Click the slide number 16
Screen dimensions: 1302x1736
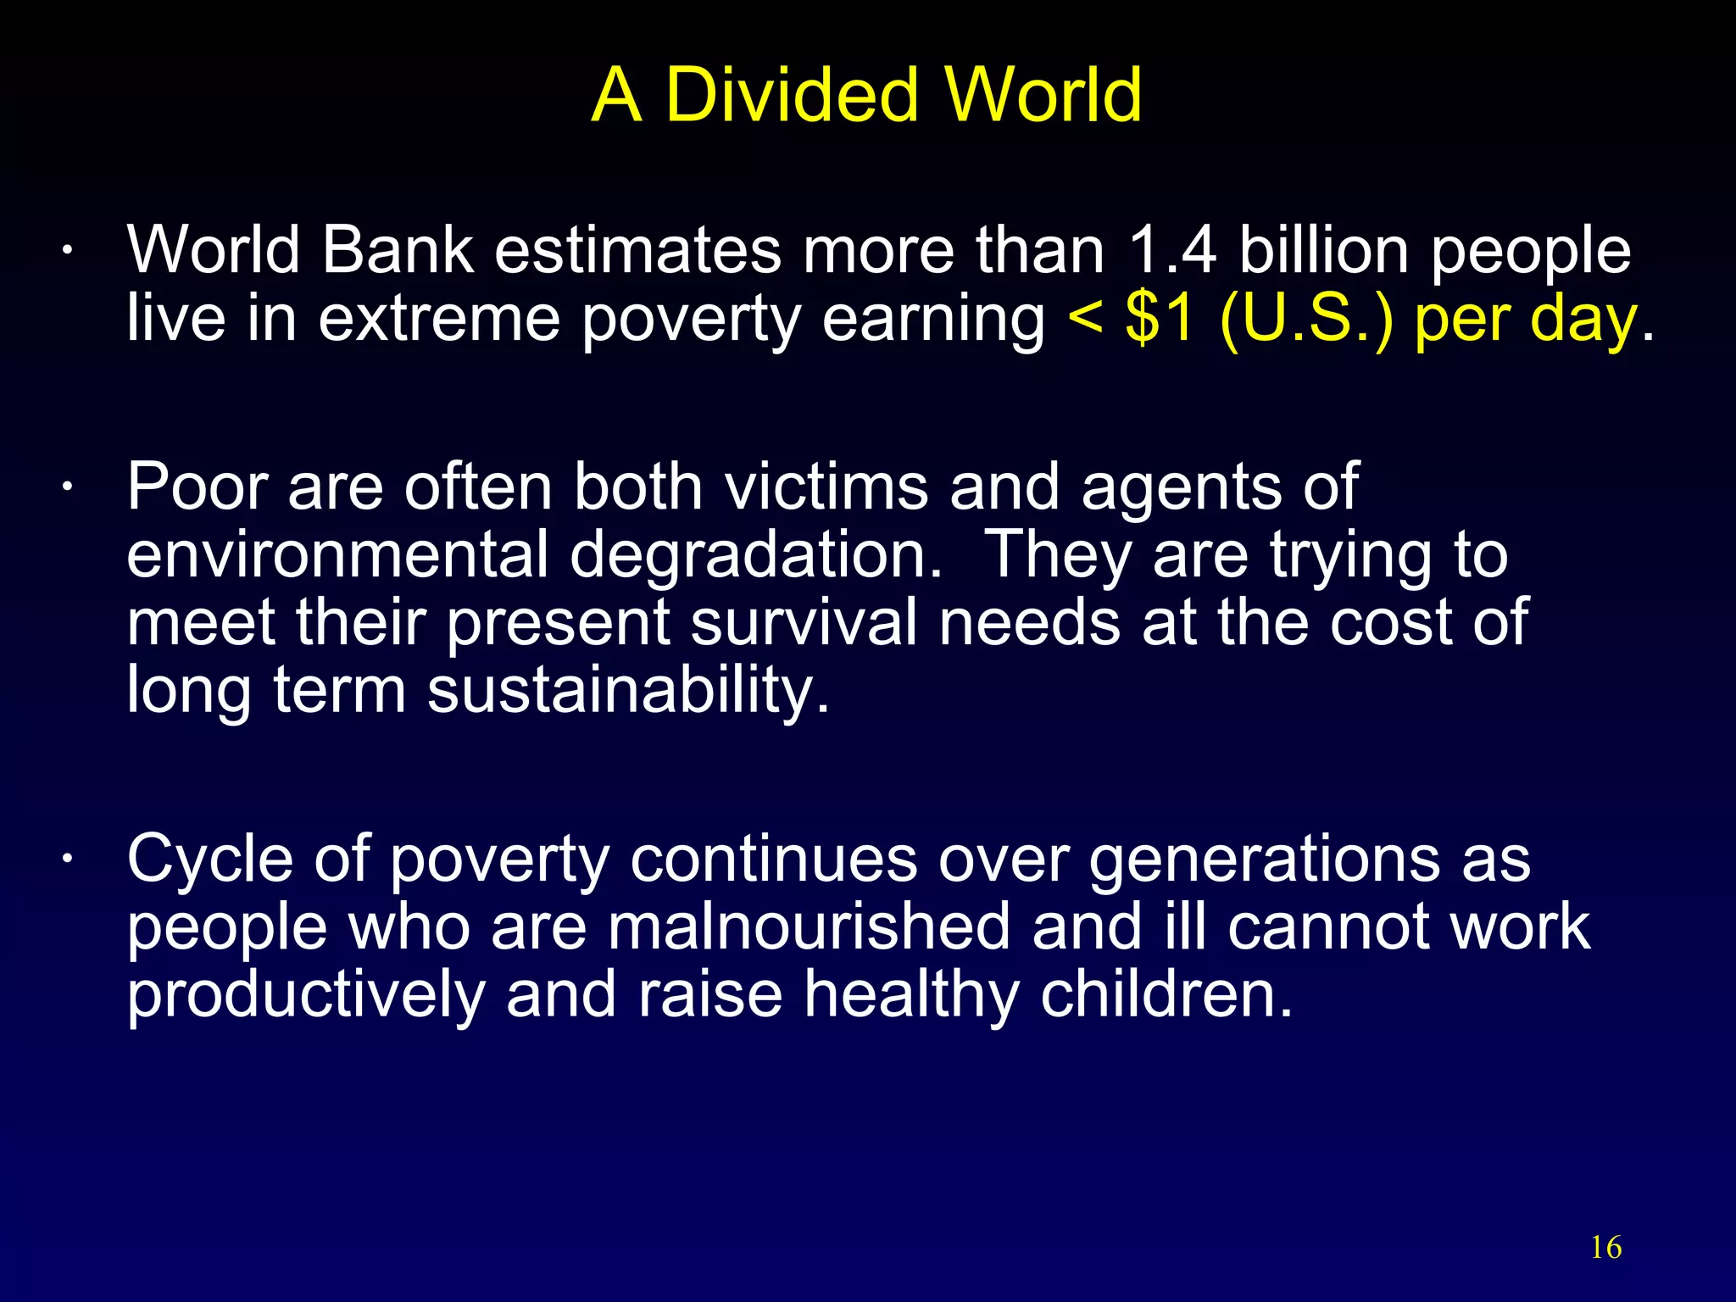(x=1605, y=1248)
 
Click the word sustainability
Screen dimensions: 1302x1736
(x=627, y=691)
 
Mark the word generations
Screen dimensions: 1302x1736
(x=1264, y=860)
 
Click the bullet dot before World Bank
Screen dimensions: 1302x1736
(x=66, y=252)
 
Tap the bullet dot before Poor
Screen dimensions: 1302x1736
(x=66, y=489)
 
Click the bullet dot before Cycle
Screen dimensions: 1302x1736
(x=66, y=860)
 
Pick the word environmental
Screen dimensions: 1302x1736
(x=337, y=555)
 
